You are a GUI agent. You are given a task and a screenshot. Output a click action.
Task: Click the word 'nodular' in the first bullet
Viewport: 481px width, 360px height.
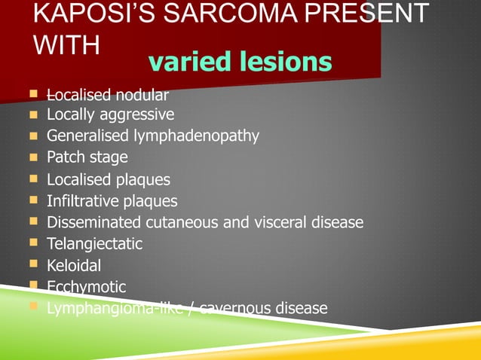click(142, 95)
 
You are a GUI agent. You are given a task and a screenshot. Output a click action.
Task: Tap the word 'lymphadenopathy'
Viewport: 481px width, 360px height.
click(197, 136)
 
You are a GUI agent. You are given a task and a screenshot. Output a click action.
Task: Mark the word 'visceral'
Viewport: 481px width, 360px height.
click(280, 223)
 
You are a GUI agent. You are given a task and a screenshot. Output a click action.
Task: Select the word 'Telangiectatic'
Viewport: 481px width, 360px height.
click(94, 244)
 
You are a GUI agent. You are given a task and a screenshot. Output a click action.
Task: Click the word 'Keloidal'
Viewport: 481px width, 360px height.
click(74, 266)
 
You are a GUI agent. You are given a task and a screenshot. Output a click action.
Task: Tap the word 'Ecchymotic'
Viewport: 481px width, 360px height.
click(87, 287)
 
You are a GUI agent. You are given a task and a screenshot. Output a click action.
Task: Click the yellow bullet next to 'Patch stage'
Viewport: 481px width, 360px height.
click(33, 157)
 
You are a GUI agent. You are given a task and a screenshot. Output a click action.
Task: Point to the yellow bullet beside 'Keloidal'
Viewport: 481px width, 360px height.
click(33, 265)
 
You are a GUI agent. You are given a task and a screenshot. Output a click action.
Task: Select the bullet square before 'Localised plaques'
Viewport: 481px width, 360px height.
click(33, 179)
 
